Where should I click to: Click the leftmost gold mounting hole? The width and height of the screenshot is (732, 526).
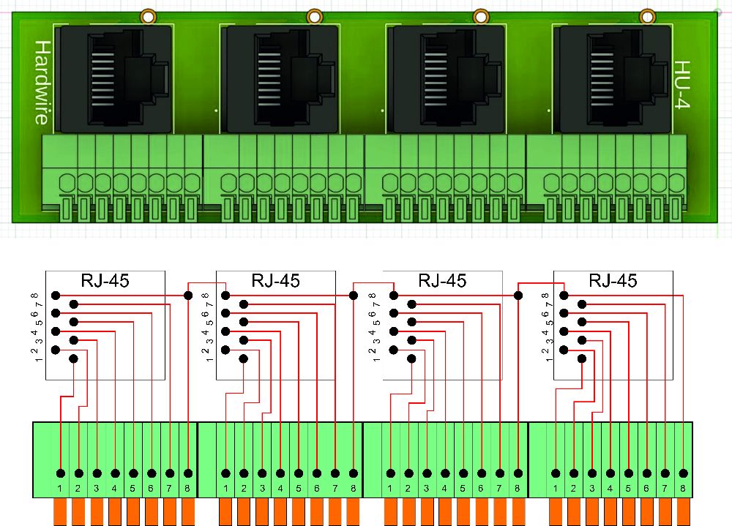148,16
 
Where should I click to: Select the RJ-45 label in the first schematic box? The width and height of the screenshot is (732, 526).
105,280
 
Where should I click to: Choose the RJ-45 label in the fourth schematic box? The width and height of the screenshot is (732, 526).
613,280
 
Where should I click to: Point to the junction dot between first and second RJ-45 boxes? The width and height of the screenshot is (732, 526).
187,296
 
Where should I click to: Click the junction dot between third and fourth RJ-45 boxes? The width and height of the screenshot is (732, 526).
518,296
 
